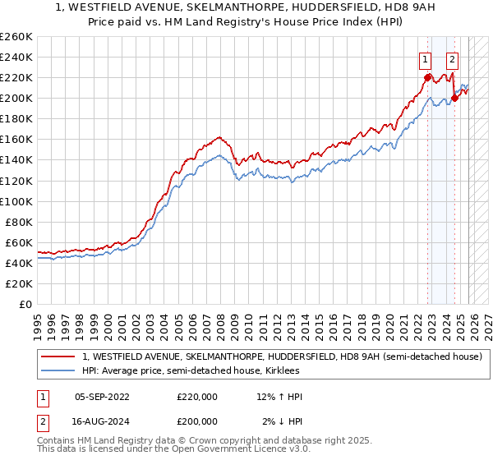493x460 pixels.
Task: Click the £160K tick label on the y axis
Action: (x=16, y=140)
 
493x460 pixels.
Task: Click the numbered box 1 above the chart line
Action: (x=425, y=58)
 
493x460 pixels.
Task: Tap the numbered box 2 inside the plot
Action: (x=453, y=58)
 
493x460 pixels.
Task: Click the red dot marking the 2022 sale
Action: (x=428, y=78)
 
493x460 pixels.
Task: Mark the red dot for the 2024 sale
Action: (x=454, y=99)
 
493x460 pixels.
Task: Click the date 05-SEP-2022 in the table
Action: (x=102, y=397)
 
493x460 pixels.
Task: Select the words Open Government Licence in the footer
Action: (x=215, y=451)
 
